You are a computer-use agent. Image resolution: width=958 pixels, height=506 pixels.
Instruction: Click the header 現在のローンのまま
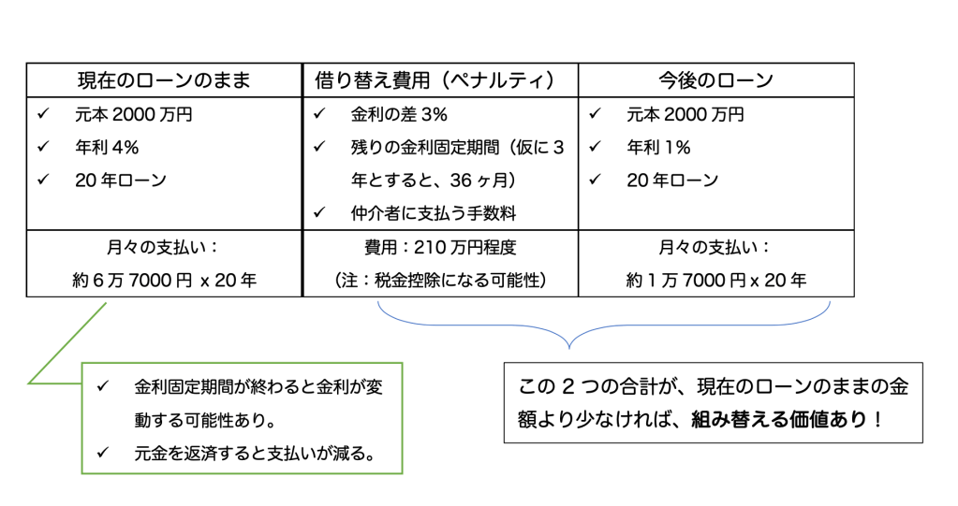pyautogui.click(x=164, y=80)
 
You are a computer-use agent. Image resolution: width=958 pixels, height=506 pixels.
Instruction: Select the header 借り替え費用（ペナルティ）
pyautogui.click(x=440, y=80)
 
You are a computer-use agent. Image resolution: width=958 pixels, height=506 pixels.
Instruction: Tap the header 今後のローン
pyautogui.click(x=715, y=80)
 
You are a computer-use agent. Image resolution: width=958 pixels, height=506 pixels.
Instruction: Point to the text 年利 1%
pyautogui.click(x=658, y=148)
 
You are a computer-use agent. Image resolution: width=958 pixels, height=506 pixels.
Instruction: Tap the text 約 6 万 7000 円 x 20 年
pyautogui.click(x=164, y=279)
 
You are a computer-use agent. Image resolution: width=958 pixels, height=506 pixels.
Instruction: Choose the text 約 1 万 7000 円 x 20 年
pyautogui.click(x=715, y=279)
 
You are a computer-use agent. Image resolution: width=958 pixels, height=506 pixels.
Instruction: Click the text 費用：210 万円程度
pyautogui.click(x=440, y=248)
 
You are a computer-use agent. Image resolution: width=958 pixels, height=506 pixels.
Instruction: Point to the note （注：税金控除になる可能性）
pyautogui.click(x=440, y=279)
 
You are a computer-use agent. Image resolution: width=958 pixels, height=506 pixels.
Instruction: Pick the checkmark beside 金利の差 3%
pyautogui.click(x=319, y=115)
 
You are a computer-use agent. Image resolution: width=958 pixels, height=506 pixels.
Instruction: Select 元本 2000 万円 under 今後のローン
pyautogui.click(x=685, y=115)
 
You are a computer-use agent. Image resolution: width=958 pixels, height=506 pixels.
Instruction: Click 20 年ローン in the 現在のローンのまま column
pyautogui.click(x=120, y=181)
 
